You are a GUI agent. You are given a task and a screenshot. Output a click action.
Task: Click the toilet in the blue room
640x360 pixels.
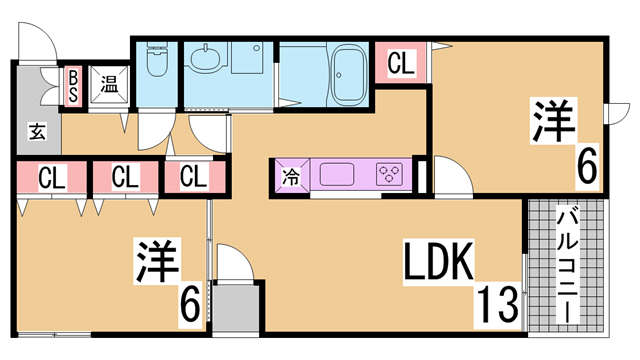click(x=157, y=60)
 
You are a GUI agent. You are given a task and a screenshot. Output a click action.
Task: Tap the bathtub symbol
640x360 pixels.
click(x=350, y=74)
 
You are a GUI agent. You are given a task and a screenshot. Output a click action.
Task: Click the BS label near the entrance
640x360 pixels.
click(x=73, y=86)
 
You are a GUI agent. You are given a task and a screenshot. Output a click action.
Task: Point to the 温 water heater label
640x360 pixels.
click(x=109, y=87)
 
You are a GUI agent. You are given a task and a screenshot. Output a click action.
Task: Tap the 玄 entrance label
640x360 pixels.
click(x=37, y=131)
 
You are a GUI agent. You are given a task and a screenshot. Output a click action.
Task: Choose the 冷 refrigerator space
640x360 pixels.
click(x=291, y=178)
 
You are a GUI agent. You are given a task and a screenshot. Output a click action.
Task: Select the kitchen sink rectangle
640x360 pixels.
click(x=337, y=174)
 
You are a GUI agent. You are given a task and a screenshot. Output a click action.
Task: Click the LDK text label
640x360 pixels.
click(x=439, y=262)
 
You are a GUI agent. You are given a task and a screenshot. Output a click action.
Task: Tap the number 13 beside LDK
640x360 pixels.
click(x=497, y=304)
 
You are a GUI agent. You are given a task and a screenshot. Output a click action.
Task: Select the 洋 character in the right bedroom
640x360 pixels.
click(x=553, y=120)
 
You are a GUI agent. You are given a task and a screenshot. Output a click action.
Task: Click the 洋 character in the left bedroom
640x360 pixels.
click(x=157, y=261)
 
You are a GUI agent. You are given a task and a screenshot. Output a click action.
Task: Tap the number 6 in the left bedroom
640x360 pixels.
click(x=190, y=305)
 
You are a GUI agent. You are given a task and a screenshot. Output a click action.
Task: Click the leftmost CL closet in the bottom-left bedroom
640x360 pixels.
click(x=52, y=177)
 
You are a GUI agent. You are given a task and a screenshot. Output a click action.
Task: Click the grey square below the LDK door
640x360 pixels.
click(x=236, y=308)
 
